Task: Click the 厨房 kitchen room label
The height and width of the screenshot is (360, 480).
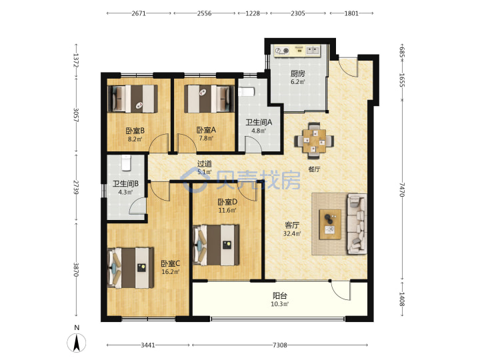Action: pos(298,73)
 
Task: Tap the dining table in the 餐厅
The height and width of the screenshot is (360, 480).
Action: pos(315,141)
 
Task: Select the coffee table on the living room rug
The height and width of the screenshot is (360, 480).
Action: pos(330,225)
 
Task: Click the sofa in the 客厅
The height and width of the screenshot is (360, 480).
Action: pos(357,224)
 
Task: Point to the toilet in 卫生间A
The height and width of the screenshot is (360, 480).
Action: pos(247,92)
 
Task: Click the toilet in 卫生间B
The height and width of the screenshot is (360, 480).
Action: pos(126,163)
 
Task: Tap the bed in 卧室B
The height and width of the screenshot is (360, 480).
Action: pos(133,99)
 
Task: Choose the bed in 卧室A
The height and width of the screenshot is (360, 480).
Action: pos(207,99)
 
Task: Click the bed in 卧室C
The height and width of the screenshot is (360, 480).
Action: pos(131,268)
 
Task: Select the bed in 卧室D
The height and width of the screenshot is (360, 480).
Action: pos(217,245)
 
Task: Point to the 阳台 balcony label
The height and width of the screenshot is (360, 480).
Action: pos(280,296)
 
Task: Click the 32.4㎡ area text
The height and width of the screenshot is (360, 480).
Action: pos(292,233)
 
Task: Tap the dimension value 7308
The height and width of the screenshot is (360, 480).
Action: pos(280,345)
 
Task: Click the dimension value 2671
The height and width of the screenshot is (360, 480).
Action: pos(139,13)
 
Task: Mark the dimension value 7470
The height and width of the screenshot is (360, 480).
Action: pos(402,190)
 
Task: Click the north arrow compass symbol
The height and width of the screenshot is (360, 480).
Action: pos(77,342)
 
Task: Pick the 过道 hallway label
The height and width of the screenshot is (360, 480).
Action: pos(204,164)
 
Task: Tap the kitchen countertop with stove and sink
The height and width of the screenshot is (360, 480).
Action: pos(297,51)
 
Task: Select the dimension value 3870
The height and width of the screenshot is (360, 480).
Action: pos(75,270)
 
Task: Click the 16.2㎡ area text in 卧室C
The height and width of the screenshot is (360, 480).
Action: pos(171,271)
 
